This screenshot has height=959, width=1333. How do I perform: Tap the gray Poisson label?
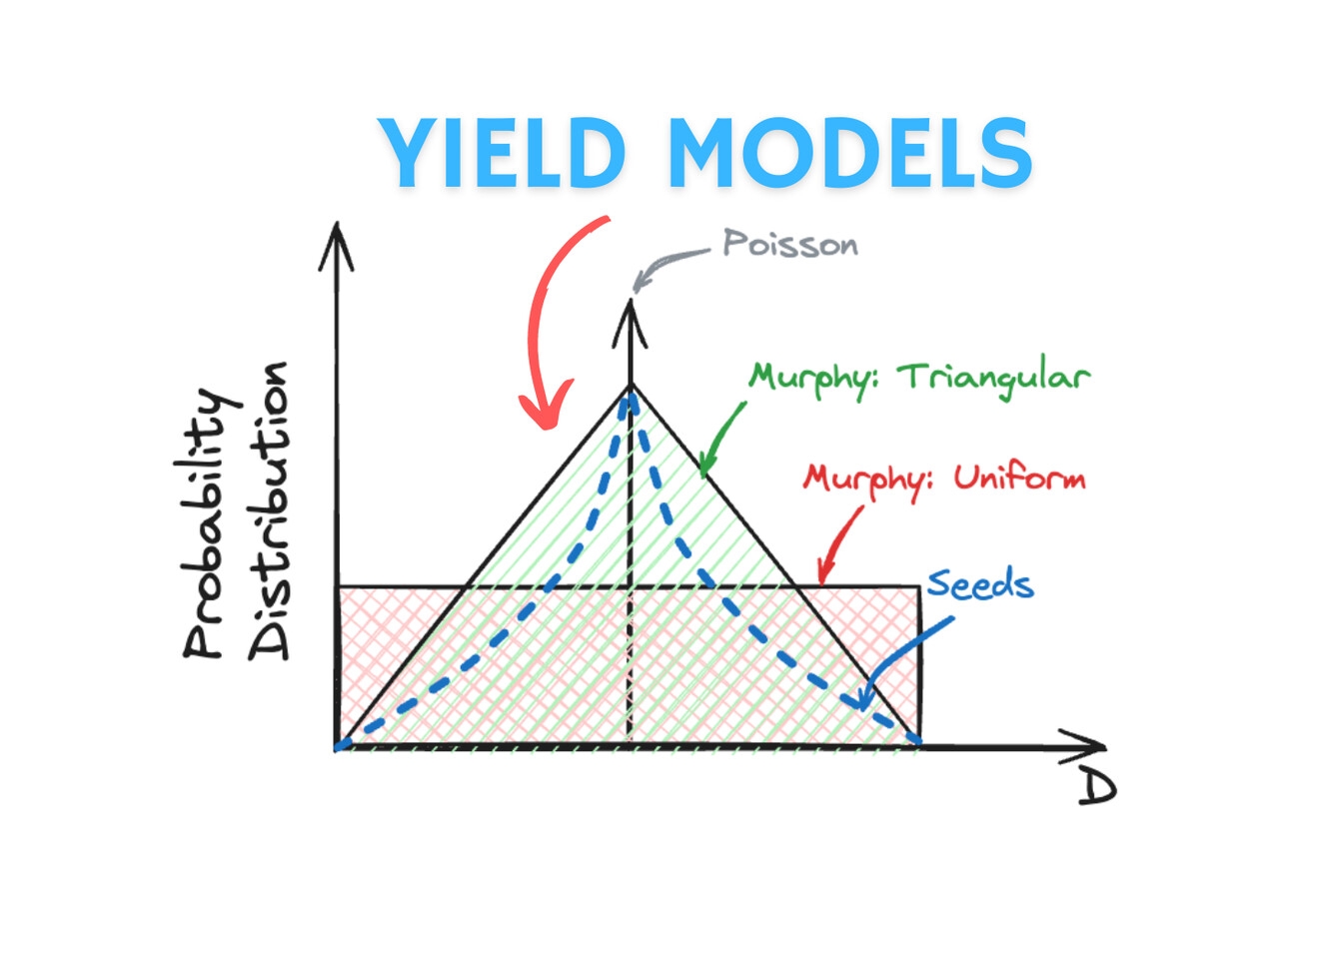(790, 244)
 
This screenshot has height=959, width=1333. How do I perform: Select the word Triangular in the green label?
(993, 379)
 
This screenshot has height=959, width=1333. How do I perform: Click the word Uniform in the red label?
(1020, 478)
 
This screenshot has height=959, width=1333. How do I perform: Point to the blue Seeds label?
(980, 584)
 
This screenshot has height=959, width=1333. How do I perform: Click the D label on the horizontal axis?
(1097, 790)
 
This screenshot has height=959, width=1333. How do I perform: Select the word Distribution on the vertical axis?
(269, 510)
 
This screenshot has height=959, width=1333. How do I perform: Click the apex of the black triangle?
(631, 386)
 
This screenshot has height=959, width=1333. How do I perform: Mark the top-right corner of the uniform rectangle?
(920, 587)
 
